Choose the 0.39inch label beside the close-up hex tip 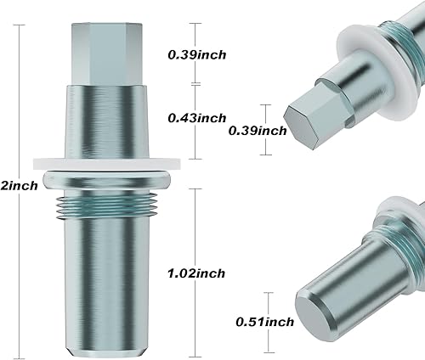pos(258,130)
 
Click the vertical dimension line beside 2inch pos(16,102)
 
